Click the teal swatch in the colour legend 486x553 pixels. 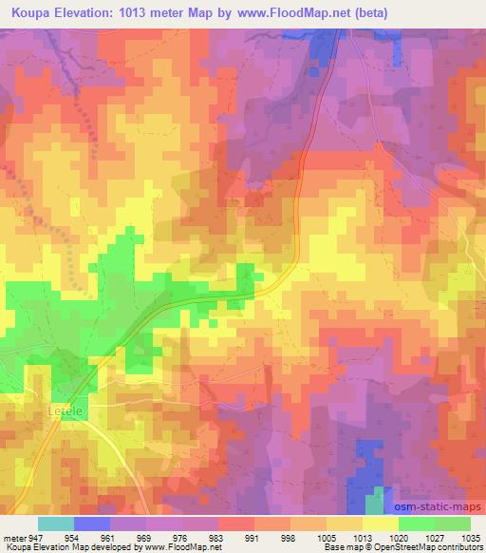(x=56, y=524)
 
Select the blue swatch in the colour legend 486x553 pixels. (x=92, y=524)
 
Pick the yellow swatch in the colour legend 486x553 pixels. (x=380, y=524)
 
